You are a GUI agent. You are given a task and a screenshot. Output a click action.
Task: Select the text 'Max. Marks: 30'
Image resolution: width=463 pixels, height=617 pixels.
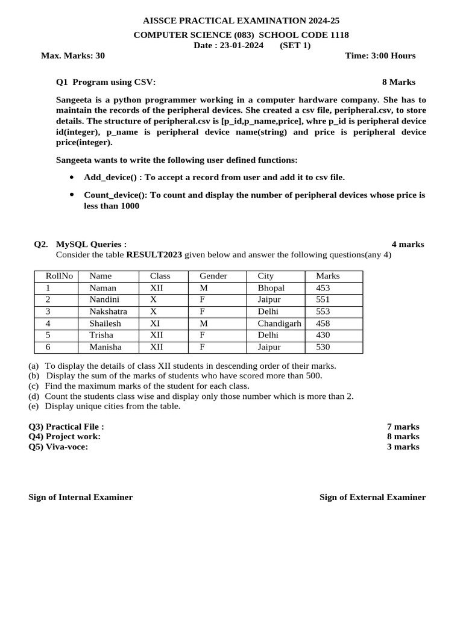72,56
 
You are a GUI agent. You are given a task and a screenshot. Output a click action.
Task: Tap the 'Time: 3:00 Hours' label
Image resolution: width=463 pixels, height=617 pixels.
380,56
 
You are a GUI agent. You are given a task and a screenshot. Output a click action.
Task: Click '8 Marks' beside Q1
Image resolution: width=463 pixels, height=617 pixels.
398,82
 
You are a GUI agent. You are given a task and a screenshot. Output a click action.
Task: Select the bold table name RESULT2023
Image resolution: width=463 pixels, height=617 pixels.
154,255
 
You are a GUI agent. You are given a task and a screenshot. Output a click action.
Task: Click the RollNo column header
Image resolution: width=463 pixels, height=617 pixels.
59,276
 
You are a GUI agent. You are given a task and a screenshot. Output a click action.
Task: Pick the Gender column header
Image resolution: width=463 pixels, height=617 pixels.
213,276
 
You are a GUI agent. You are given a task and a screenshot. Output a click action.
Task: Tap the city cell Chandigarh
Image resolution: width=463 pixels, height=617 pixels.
279,324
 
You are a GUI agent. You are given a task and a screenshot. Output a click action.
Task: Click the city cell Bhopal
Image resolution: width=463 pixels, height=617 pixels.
271,288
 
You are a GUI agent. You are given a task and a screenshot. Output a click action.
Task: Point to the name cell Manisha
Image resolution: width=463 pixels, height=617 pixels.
106,347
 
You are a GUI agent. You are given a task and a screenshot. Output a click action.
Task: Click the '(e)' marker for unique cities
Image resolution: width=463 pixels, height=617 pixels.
33,406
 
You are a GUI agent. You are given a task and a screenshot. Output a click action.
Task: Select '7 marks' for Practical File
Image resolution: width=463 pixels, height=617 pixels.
403,427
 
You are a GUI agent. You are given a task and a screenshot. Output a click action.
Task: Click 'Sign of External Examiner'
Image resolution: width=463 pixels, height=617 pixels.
372,497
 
